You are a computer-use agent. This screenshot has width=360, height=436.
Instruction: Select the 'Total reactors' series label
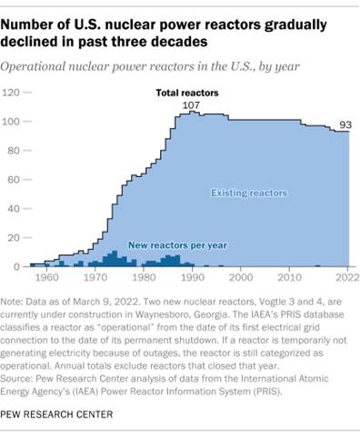(x=181, y=93)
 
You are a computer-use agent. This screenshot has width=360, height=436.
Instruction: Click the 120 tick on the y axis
(x=12, y=93)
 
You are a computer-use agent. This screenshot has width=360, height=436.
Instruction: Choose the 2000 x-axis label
(x=241, y=277)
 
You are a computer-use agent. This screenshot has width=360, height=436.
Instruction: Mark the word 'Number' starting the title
(x=36, y=21)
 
